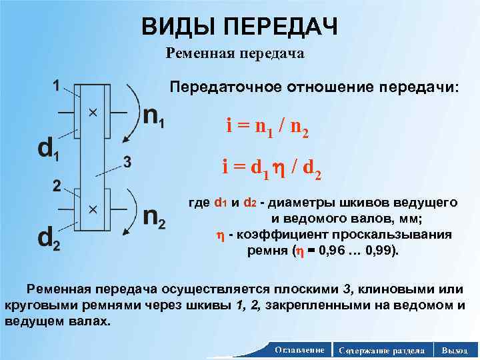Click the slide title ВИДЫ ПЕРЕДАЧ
click(x=239, y=27)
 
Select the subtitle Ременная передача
click(x=235, y=54)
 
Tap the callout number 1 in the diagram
click(x=57, y=85)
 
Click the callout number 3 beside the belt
click(x=128, y=162)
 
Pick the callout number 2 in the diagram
click(x=57, y=185)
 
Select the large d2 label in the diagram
click(x=48, y=238)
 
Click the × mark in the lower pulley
click(x=93, y=209)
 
